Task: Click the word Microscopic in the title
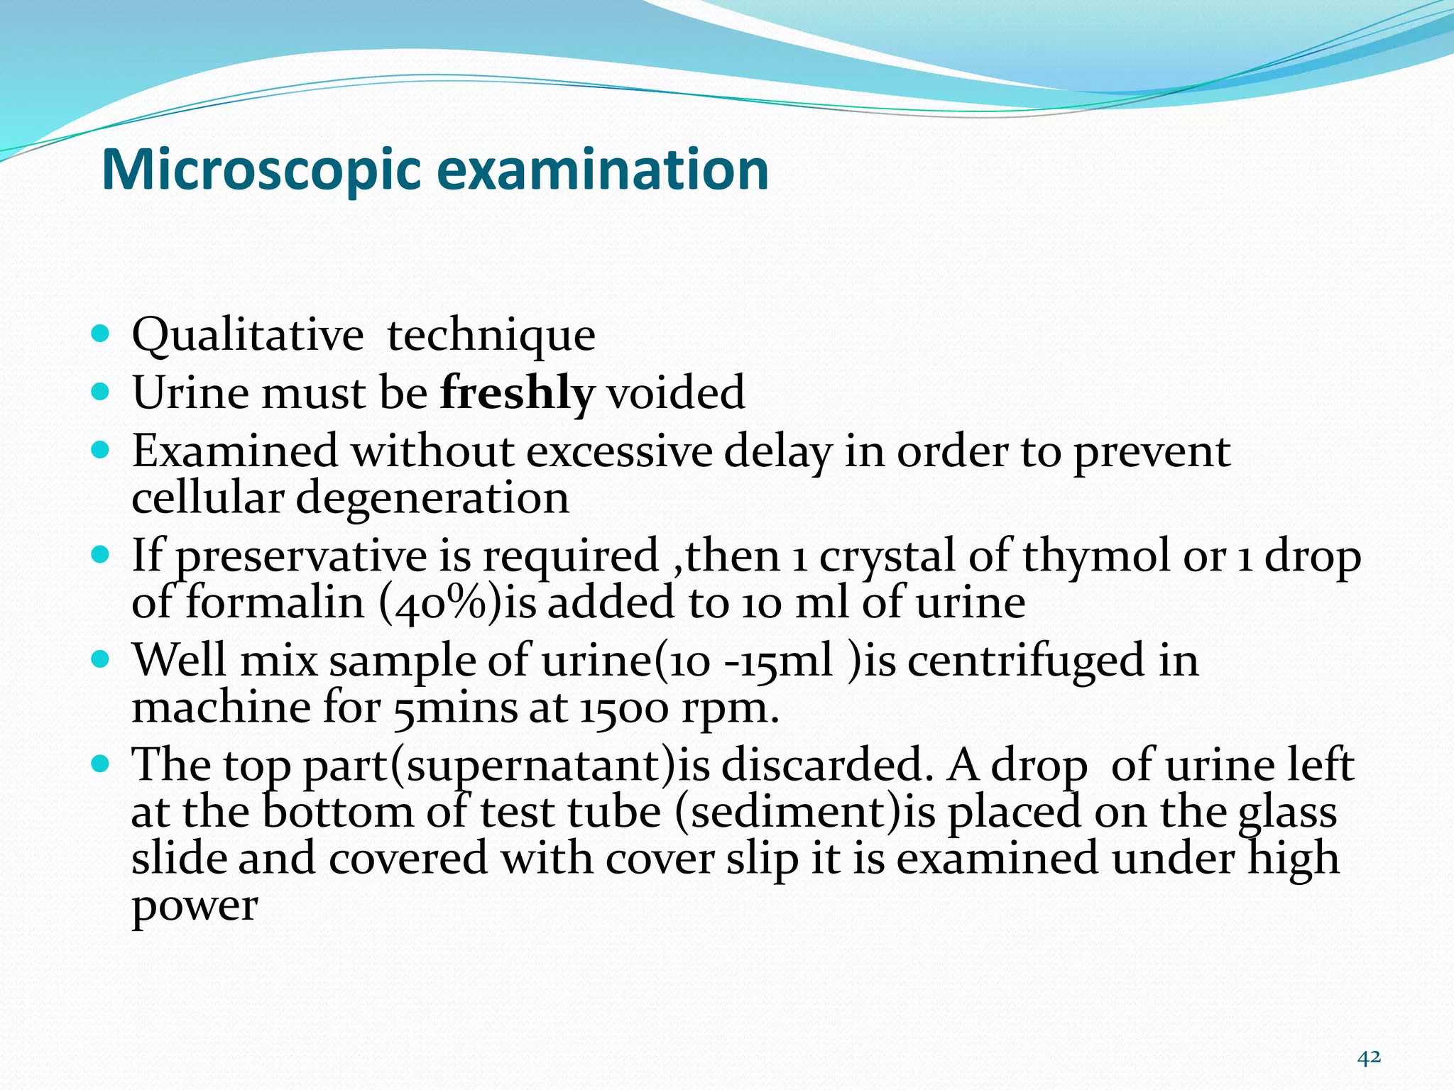click(x=261, y=170)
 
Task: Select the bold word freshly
click(x=516, y=392)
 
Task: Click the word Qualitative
click(x=247, y=335)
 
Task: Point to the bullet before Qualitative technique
click(x=101, y=333)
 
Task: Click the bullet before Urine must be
click(x=101, y=391)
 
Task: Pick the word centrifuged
click(x=1026, y=661)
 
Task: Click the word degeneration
click(x=432, y=497)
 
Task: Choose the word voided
click(x=675, y=392)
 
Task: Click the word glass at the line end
click(x=1287, y=813)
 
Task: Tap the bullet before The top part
click(x=101, y=764)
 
